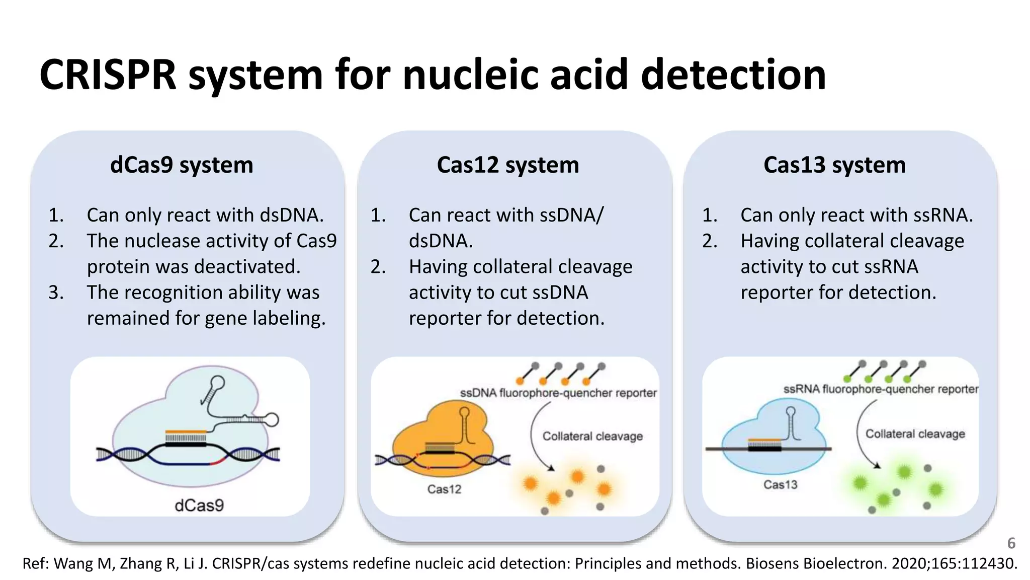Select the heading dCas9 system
coord(182,165)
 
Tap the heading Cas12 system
coord(507,165)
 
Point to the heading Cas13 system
coord(834,165)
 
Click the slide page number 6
coord(1011,543)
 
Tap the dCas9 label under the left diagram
coord(199,505)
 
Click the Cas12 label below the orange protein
coord(444,489)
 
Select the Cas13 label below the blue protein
coord(780,484)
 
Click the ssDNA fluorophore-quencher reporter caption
coord(558,393)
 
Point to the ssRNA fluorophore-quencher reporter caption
coord(881,389)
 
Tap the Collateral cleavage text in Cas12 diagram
coord(592,436)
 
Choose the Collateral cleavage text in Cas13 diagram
coord(915,433)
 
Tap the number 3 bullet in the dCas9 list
coord(56,293)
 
